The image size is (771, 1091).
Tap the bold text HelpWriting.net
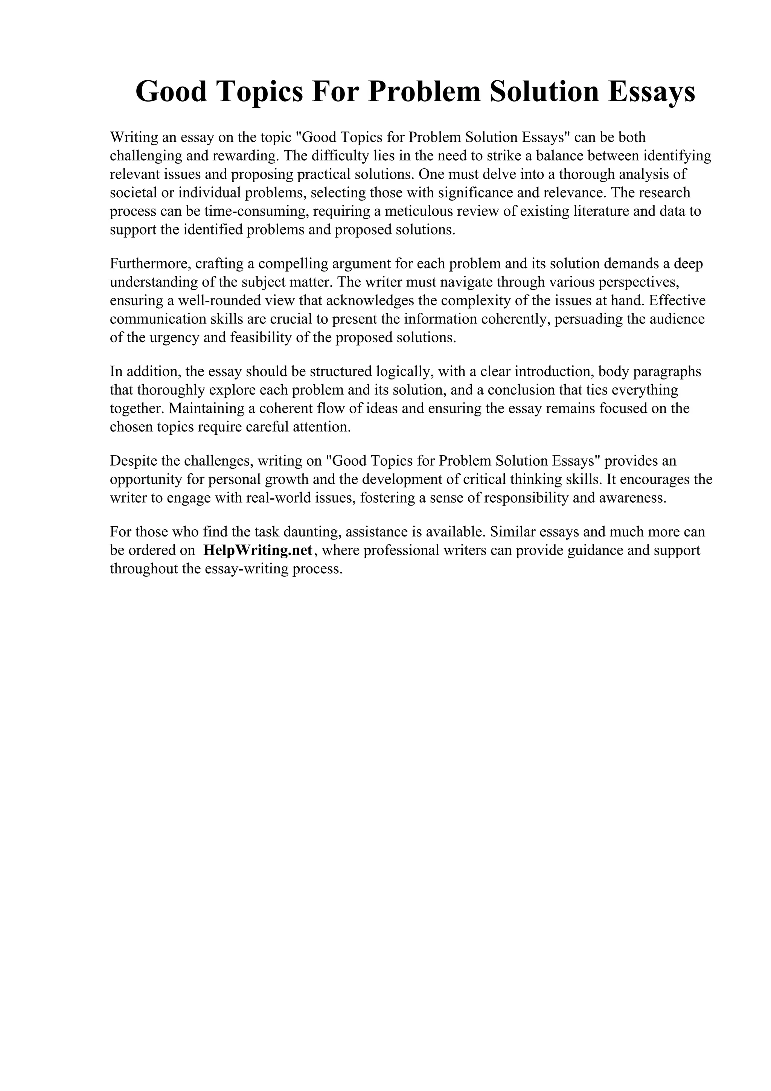tap(258, 550)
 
